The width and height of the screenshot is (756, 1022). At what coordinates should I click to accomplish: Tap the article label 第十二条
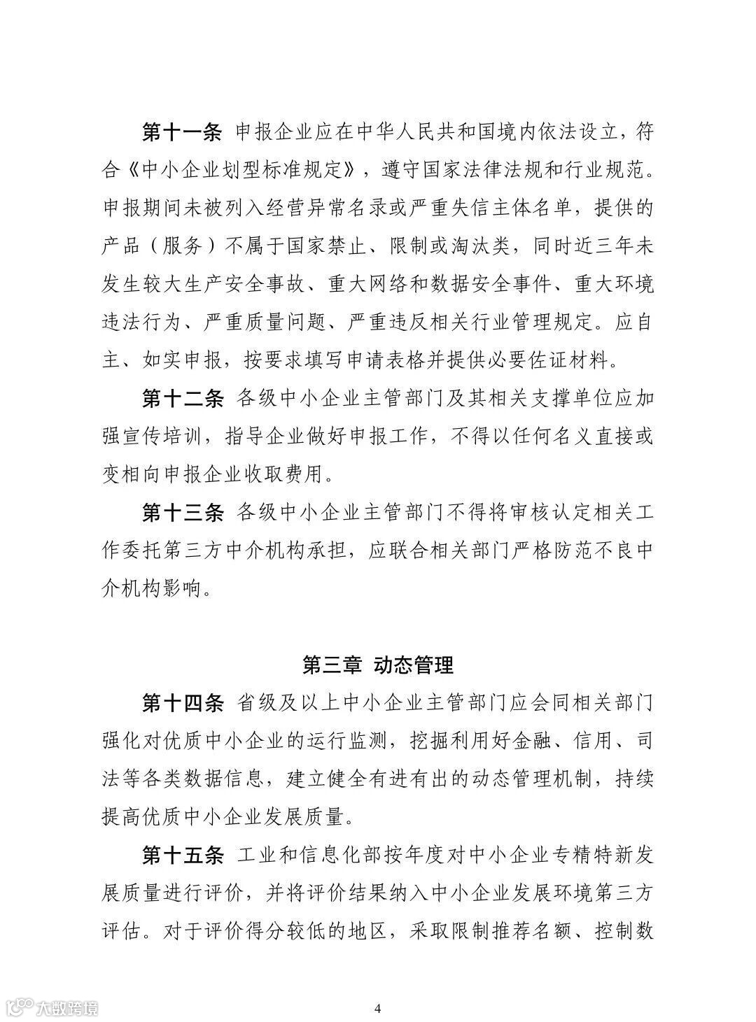tap(182, 399)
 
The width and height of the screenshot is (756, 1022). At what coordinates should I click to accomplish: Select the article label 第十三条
tap(182, 513)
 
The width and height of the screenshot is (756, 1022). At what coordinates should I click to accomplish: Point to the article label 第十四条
tap(182, 703)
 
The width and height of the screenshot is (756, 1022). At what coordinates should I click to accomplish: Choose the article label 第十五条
tap(182, 855)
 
